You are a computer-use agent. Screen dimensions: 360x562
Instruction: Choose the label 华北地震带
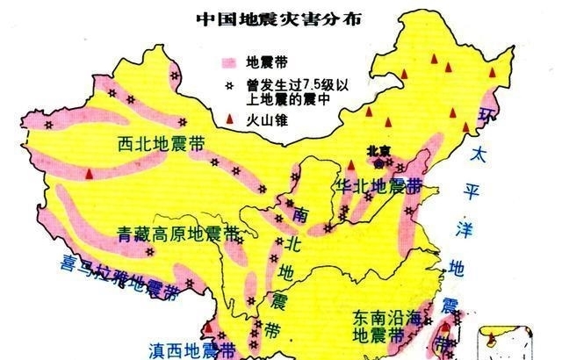point(378,186)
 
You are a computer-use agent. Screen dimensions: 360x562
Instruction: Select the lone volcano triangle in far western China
point(89,174)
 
